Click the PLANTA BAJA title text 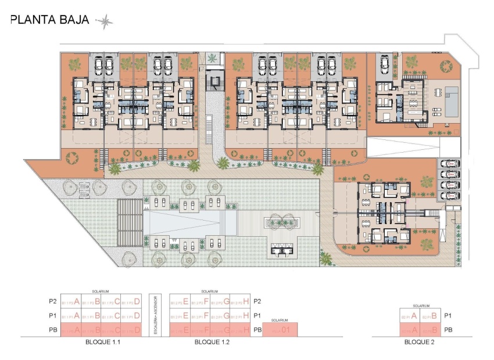point(50,20)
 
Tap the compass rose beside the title point(105,22)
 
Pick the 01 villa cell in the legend point(280,330)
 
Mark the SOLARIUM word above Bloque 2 point(420,305)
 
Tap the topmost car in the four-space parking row point(450,164)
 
